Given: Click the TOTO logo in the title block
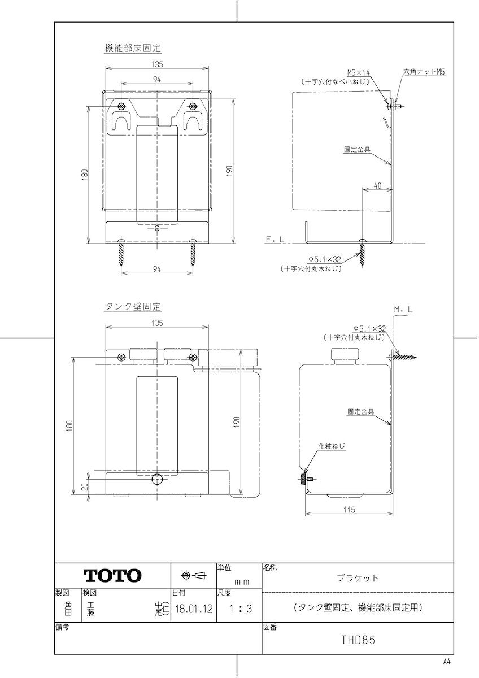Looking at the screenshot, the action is click(112, 575).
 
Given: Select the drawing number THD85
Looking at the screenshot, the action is click(358, 640).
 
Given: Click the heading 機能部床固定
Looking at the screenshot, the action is click(133, 48).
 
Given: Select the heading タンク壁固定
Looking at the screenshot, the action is click(133, 307).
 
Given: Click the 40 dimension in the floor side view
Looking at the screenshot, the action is click(377, 185).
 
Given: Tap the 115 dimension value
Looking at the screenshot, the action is click(349, 510).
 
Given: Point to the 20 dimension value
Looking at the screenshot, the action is click(85, 486).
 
